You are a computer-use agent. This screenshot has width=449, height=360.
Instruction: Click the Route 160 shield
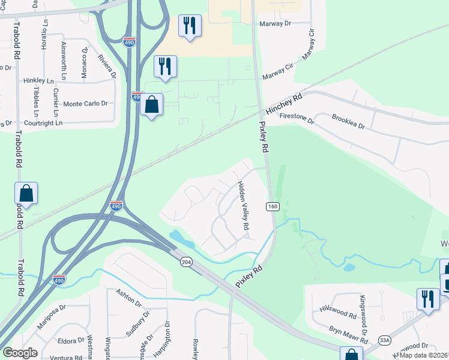[x=273, y=206]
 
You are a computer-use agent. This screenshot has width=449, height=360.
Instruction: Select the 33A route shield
[x=385, y=340]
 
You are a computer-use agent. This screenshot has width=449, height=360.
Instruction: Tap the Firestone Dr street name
[x=297, y=120]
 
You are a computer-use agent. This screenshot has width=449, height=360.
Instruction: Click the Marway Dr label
[x=275, y=24]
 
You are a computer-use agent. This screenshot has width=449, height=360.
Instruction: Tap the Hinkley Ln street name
[x=39, y=80]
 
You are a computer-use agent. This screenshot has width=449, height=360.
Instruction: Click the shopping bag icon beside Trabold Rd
[x=26, y=193]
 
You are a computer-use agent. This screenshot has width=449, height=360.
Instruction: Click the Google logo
[x=20, y=353]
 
